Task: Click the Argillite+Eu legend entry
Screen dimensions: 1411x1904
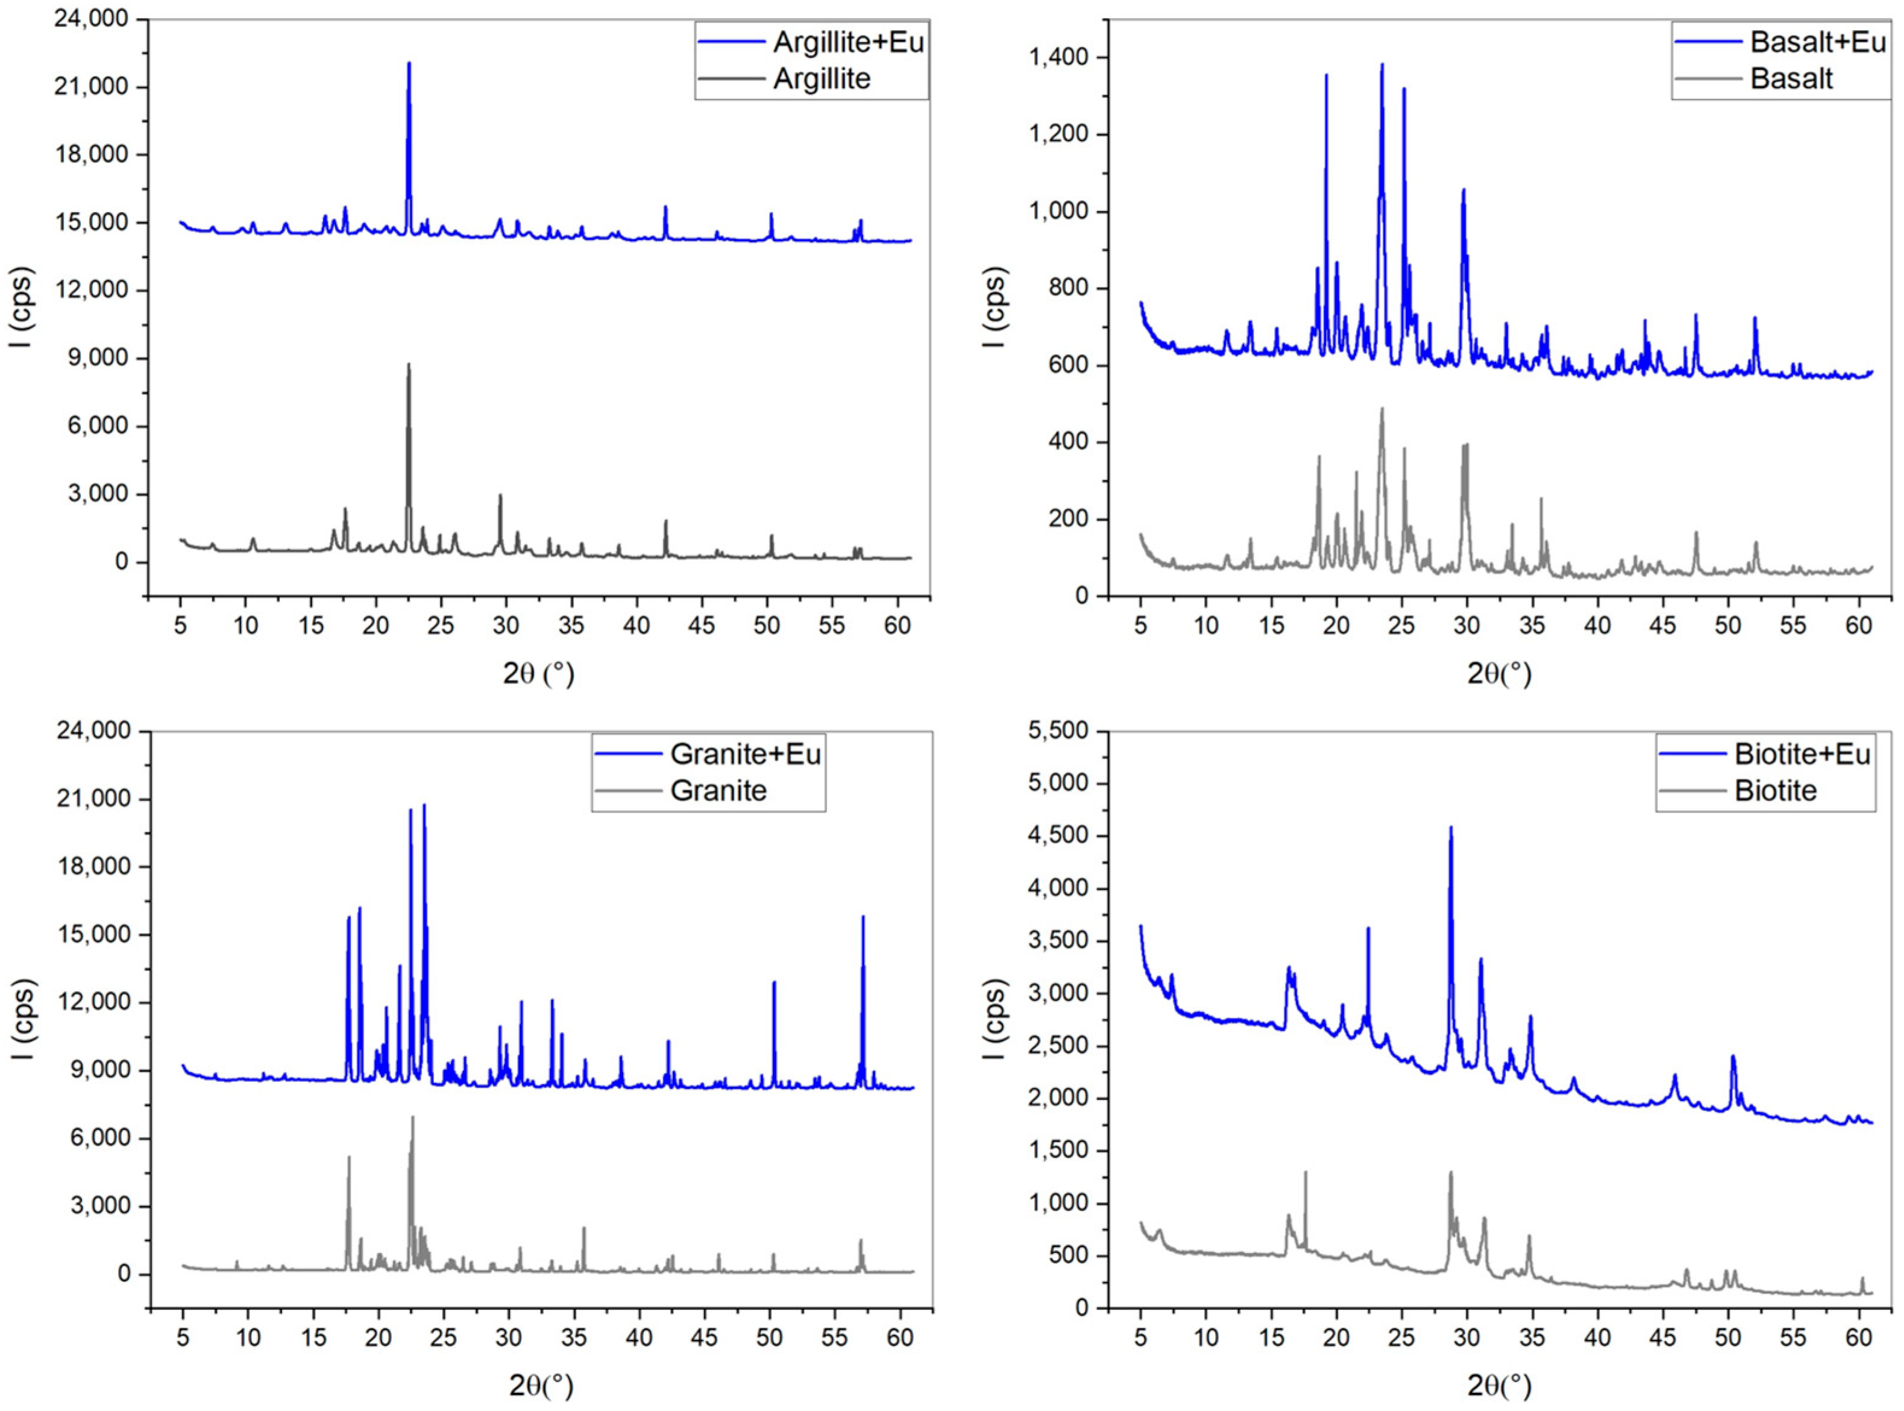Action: coord(848,42)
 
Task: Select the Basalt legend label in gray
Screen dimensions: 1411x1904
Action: coord(1791,78)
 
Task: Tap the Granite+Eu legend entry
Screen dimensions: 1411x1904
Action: coord(745,753)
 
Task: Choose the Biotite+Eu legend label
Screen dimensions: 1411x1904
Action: coord(1802,753)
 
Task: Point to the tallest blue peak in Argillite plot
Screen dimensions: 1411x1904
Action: coord(408,64)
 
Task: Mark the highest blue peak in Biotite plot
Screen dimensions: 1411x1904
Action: coord(1450,828)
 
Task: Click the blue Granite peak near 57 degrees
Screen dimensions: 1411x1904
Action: coord(862,918)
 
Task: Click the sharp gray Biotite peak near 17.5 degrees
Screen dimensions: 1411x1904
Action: coord(1305,1173)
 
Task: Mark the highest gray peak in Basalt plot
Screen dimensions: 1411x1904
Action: coord(1382,409)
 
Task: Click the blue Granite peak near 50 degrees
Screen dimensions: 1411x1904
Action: coord(774,982)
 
